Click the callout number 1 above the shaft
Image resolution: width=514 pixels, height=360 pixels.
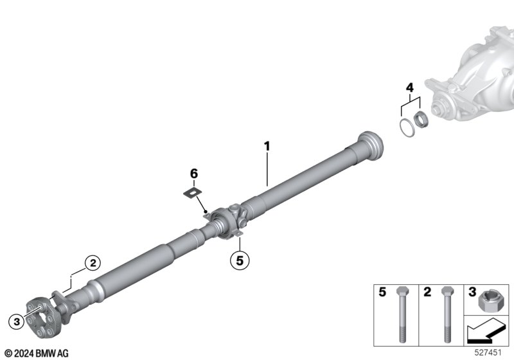pyautogui.click(x=267, y=146)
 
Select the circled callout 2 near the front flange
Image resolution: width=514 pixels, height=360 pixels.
pyautogui.click(x=93, y=263)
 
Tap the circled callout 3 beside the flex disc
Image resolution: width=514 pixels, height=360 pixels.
pyautogui.click(x=17, y=321)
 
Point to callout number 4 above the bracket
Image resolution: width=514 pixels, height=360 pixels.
pyautogui.click(x=410, y=87)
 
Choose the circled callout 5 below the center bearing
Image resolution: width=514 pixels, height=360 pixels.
pyautogui.click(x=240, y=260)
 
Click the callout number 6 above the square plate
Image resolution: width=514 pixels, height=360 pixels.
pyautogui.click(x=194, y=173)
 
